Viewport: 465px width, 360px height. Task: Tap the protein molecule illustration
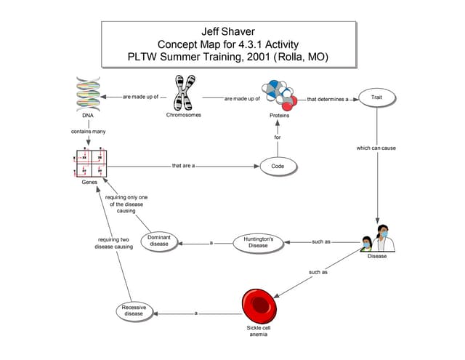point(280,94)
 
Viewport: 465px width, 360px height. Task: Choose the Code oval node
point(278,167)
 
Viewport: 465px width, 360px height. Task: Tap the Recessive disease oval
point(133,311)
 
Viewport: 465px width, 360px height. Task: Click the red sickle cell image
point(258,305)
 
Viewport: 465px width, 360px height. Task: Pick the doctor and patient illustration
point(377,237)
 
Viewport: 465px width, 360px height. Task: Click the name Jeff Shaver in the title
point(227,31)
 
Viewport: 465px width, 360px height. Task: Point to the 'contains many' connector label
point(87,132)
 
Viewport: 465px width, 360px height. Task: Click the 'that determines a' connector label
point(328,99)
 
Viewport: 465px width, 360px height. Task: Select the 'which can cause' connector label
point(376,148)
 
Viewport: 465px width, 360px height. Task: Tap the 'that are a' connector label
point(183,166)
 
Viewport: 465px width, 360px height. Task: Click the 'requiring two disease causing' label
point(113,243)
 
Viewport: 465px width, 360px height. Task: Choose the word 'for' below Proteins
point(278,137)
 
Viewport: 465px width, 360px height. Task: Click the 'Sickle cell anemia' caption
point(258,332)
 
